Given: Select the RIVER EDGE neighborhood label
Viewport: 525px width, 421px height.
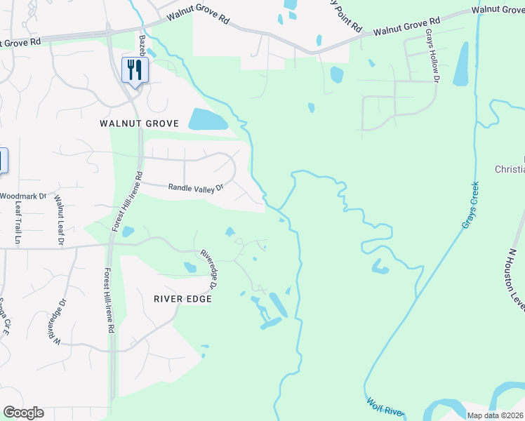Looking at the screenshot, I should (x=182, y=298).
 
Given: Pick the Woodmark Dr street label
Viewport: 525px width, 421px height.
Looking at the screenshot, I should (x=22, y=196).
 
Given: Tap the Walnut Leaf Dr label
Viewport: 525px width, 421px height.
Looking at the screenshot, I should (x=59, y=220).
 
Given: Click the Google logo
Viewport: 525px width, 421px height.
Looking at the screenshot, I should (x=23, y=413).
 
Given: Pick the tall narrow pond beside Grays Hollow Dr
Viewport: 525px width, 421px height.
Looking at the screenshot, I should (x=461, y=65).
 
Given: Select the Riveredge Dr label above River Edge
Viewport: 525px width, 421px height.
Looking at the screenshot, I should (x=208, y=269).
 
